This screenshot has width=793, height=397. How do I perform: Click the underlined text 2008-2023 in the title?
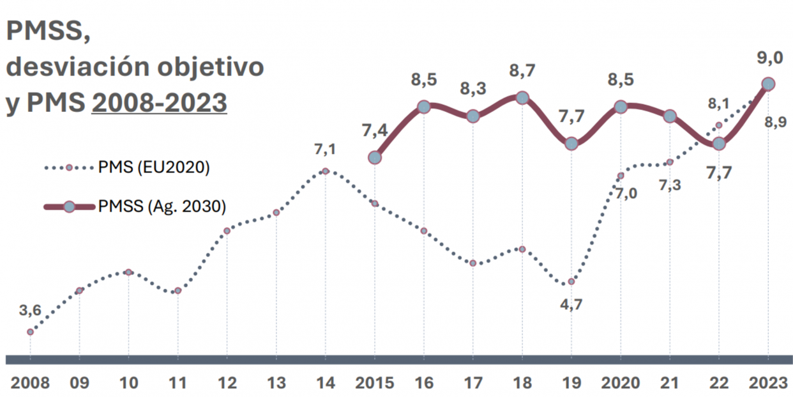(x=159, y=102)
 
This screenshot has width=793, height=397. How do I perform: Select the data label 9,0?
(x=769, y=58)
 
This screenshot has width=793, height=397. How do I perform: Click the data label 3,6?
(x=30, y=311)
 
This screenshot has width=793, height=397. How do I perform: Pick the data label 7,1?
(x=325, y=150)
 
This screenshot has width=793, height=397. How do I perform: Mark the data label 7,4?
(x=374, y=131)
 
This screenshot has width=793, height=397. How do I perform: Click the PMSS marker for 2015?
(x=375, y=157)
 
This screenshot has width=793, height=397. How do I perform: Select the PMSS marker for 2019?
(x=571, y=144)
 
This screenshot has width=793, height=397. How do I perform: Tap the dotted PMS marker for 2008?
(x=30, y=332)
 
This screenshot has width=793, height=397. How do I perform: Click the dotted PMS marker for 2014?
(x=325, y=171)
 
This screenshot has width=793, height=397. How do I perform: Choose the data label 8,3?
(x=473, y=90)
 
